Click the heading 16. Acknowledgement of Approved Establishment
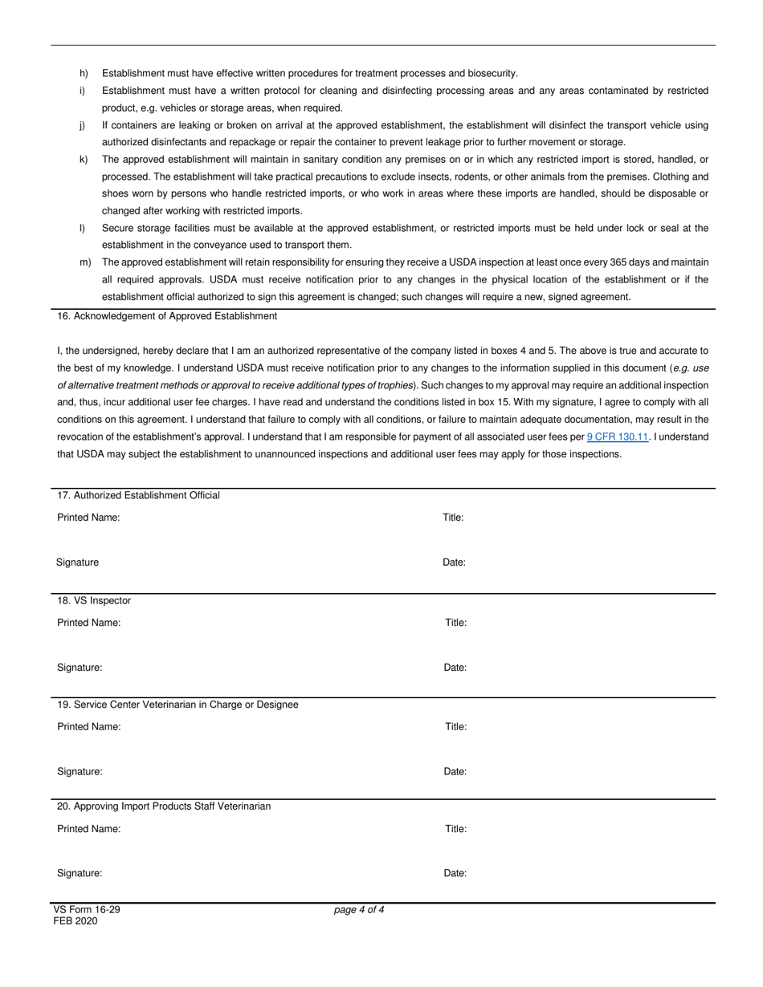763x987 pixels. [167, 316]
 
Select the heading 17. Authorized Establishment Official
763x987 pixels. [138, 495]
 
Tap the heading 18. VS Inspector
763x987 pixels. [94, 600]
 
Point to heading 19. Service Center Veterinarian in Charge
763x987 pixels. [177, 705]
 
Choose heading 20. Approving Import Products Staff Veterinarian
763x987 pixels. [164, 806]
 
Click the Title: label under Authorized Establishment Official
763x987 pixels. [453, 518]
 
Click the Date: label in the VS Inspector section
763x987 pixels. [455, 668]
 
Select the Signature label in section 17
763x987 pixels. [78, 563]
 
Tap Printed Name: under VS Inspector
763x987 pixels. [89, 623]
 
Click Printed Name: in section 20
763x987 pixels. [89, 829]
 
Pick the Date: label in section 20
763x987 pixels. [455, 873]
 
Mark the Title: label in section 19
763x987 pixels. [456, 727]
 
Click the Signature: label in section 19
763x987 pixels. [80, 772]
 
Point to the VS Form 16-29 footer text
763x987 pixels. [87, 910]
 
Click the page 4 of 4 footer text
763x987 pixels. [359, 910]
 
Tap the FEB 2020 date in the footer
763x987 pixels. [75, 921]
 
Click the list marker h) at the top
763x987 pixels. [84, 74]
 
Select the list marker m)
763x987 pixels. [84, 262]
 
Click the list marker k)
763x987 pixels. [84, 160]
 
